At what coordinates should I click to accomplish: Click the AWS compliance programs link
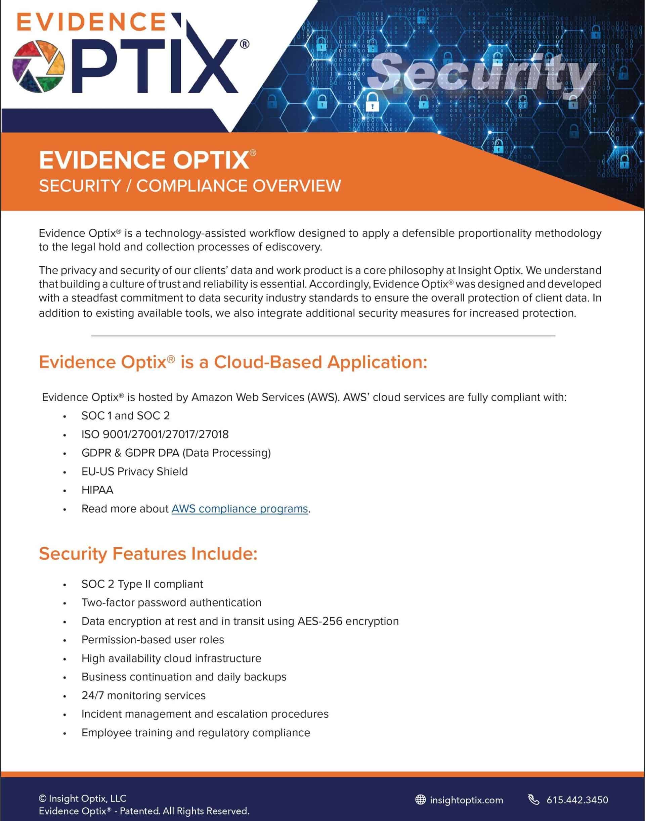coord(240,509)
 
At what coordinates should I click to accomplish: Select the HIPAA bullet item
coord(97,490)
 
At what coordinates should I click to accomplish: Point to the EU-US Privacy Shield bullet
coord(134,471)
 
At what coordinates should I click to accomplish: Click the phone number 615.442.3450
coord(577,800)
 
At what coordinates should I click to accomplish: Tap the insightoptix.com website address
coord(466,800)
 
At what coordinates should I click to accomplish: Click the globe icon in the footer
coord(420,800)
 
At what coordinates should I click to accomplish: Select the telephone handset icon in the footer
coord(533,800)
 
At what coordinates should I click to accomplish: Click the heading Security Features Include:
coord(148,554)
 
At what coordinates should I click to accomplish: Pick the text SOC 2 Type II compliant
coord(142,584)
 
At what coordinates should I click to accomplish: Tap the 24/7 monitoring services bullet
coord(143,695)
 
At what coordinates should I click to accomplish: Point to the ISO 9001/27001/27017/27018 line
coord(155,434)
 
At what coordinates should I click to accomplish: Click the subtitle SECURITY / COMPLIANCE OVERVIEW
coord(190,186)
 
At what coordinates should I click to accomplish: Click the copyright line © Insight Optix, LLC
coord(83,799)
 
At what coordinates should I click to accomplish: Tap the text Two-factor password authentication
coord(171,602)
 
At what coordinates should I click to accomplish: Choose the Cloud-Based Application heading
coord(233,362)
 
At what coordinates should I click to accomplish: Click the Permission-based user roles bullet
coord(153,639)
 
